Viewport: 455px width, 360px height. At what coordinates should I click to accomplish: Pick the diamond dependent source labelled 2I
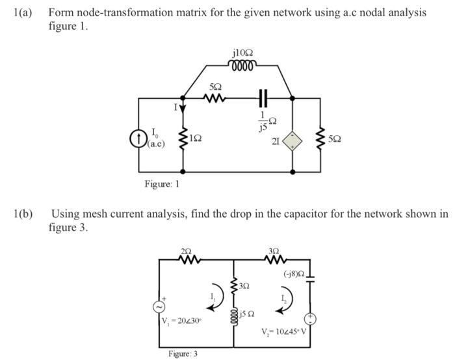(x=292, y=140)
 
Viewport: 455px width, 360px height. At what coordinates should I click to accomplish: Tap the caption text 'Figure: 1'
(x=162, y=184)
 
